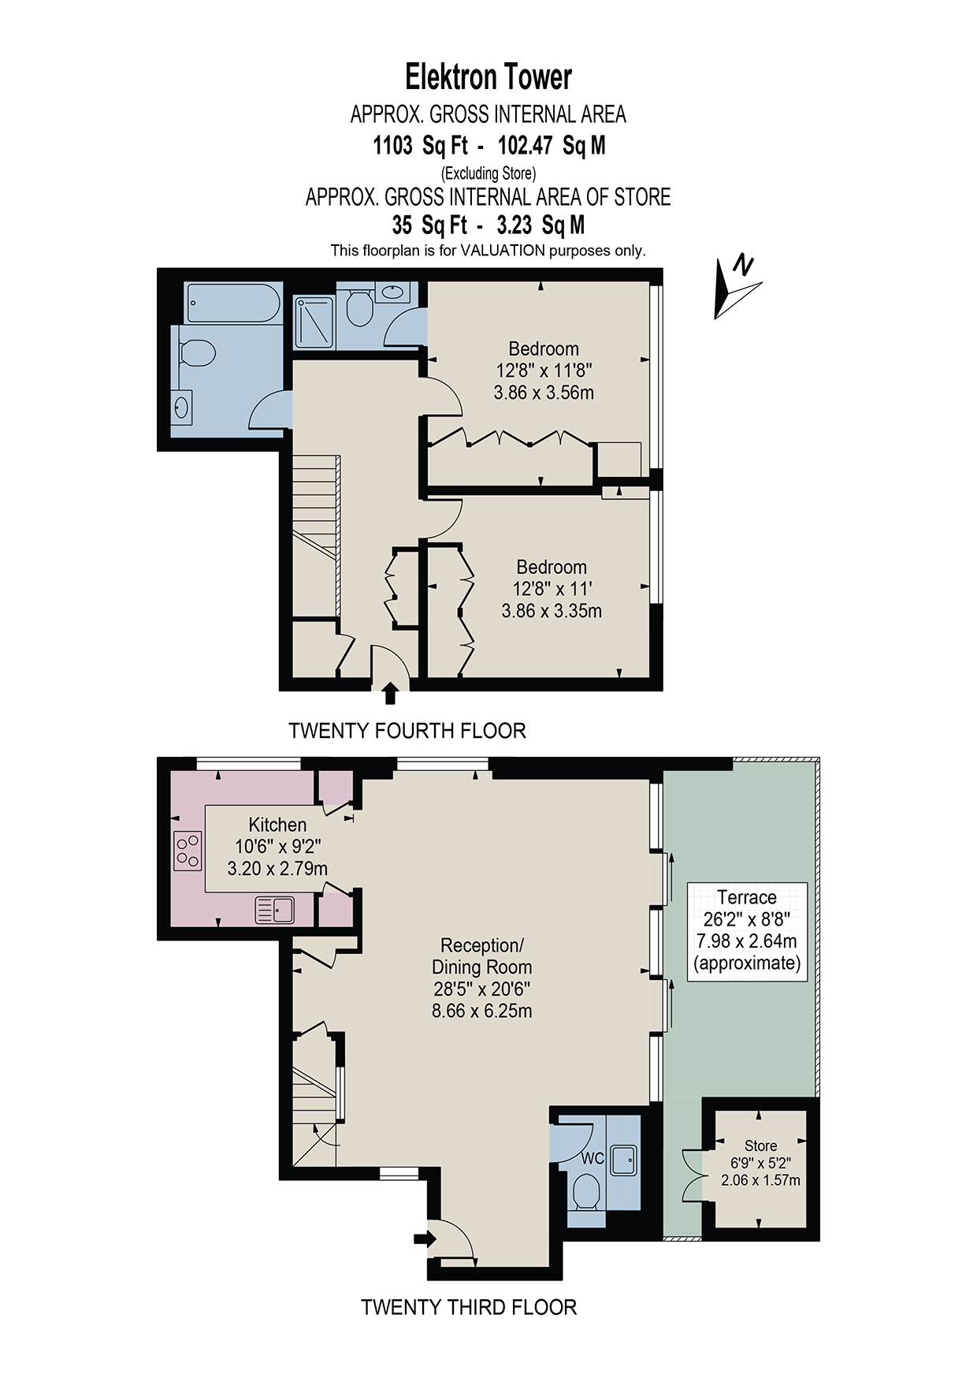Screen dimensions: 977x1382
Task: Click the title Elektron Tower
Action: [489, 77]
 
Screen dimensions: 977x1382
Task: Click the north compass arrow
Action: [737, 288]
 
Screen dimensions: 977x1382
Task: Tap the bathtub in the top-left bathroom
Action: [234, 304]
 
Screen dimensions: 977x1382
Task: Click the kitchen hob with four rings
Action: [188, 851]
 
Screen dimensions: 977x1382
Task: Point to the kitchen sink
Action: [274, 911]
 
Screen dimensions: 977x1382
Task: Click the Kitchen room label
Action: [277, 825]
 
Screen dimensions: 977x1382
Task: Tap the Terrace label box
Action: [747, 931]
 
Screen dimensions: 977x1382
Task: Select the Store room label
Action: [760, 1145]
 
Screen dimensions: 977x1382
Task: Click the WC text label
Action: [593, 1158]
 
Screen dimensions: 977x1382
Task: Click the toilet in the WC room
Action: [585, 1192]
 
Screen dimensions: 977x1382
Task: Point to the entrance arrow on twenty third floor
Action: [424, 1239]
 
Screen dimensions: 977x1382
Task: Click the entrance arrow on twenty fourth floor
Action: [389, 694]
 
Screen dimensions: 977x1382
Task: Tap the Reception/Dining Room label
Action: [481, 955]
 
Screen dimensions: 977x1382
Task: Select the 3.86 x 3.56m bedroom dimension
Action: [544, 392]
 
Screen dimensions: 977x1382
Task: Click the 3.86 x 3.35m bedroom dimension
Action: [552, 610]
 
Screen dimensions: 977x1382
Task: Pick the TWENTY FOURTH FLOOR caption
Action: [407, 731]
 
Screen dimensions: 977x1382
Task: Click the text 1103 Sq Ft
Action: [420, 145]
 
